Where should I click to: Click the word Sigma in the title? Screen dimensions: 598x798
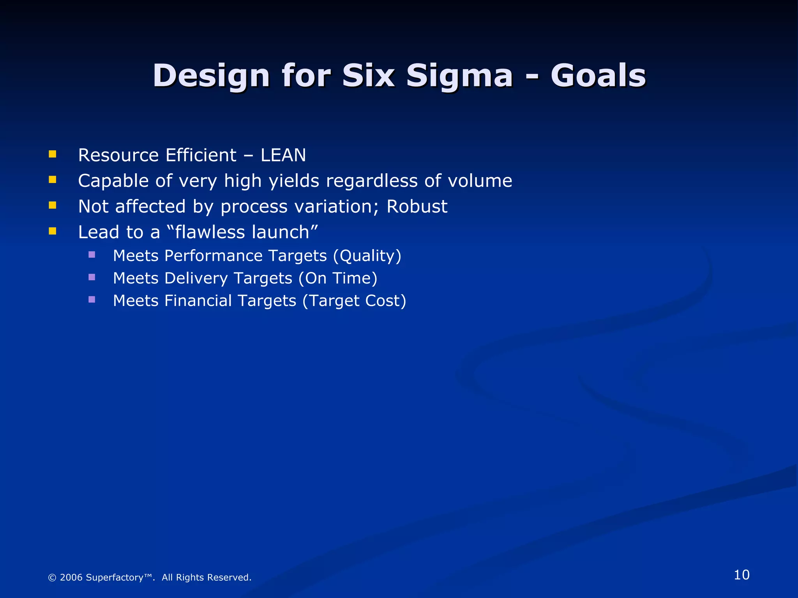pyautogui.click(x=459, y=76)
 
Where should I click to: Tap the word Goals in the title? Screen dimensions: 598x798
pyautogui.click(x=598, y=76)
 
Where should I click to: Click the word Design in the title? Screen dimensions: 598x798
pyautogui.click(x=211, y=76)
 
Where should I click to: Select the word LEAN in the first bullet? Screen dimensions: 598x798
pyautogui.click(x=283, y=155)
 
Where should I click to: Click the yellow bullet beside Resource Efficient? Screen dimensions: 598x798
pyautogui.click(x=53, y=154)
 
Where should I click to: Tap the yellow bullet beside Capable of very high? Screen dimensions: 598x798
pyautogui.click(x=53, y=179)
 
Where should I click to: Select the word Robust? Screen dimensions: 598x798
pyautogui.click(x=417, y=206)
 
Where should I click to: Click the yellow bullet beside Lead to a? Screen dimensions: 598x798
pyautogui.click(x=53, y=231)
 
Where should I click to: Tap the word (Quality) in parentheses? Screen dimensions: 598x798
pyautogui.click(x=367, y=256)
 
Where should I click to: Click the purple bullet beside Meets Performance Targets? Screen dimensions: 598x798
pyautogui.click(x=92, y=255)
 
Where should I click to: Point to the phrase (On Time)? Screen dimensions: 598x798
pyautogui.click(x=338, y=278)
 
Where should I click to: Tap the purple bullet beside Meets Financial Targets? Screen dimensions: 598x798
pyautogui.click(x=92, y=299)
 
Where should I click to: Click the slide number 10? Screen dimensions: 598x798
pyautogui.click(x=742, y=575)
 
